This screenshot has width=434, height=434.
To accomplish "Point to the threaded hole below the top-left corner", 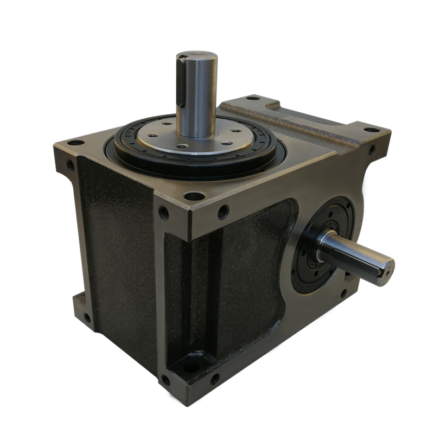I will point(71,163).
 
